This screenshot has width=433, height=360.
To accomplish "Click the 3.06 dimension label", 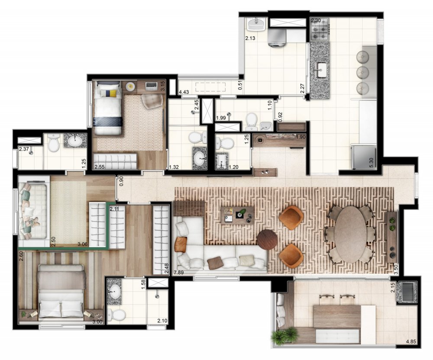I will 83,245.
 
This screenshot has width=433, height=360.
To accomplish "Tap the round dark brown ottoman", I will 267,239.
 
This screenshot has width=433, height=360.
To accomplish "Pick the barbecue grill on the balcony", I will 409,292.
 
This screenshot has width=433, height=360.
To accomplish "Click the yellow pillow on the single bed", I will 113,93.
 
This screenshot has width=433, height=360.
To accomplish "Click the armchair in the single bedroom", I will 152,100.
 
